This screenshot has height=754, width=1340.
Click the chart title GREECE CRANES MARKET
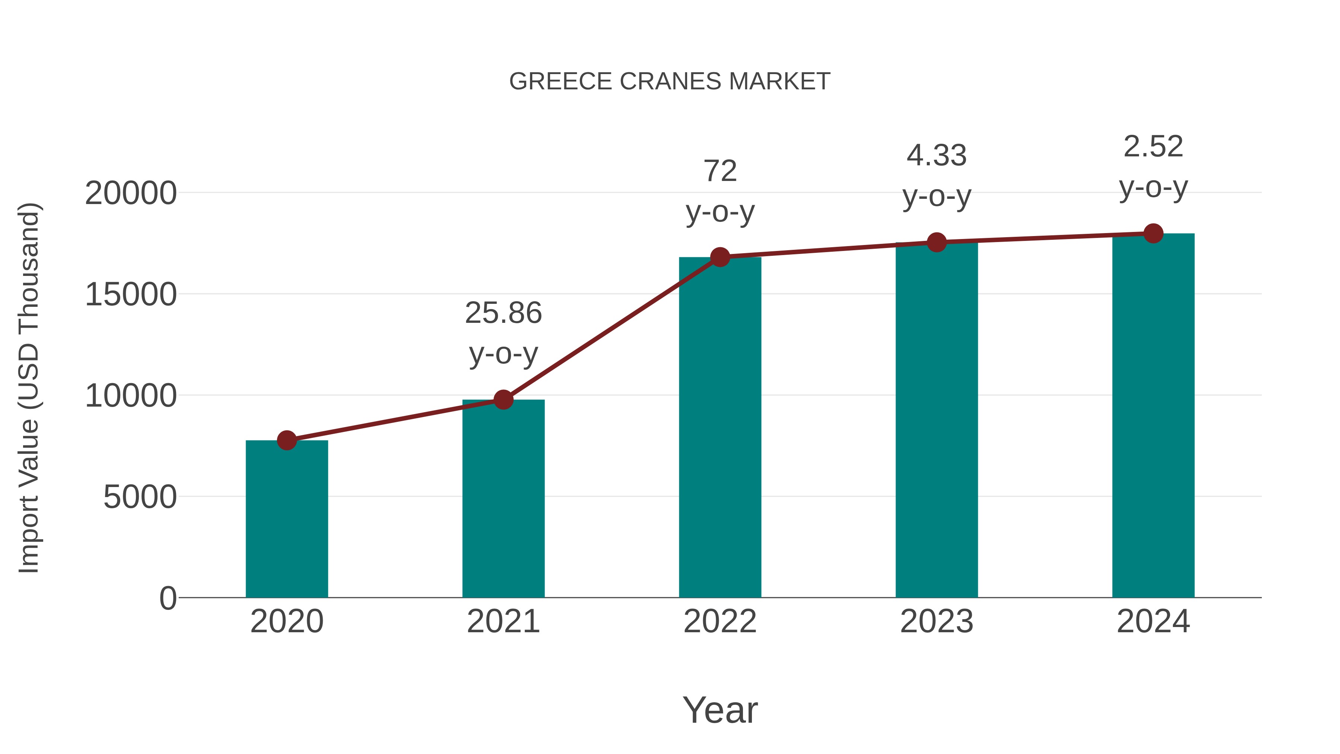point(670,82)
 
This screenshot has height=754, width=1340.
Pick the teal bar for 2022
point(720,427)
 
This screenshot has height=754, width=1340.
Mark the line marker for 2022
point(720,257)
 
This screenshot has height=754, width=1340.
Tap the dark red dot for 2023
point(937,242)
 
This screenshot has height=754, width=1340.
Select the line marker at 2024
point(1153,233)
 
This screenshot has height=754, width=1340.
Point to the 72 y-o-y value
point(720,171)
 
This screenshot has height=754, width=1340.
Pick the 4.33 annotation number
point(937,156)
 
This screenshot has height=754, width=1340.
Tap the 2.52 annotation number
point(1153,147)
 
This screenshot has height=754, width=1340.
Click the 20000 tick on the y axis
point(131,194)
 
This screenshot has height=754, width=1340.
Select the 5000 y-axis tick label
point(140,497)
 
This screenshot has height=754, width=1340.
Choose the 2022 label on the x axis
point(720,621)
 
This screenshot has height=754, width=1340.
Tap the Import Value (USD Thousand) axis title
point(29,388)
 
